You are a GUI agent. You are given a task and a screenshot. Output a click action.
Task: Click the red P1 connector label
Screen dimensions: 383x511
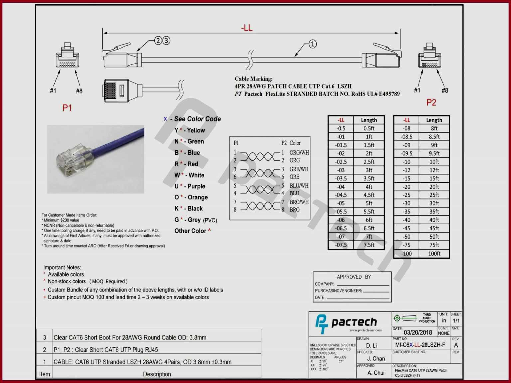tap(67, 108)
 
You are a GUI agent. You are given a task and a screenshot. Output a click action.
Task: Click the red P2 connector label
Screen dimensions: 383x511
tap(431, 102)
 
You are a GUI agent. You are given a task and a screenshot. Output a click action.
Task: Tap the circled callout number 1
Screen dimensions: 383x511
tap(312, 44)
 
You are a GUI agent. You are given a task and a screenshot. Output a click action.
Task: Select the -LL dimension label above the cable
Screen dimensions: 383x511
tap(247, 28)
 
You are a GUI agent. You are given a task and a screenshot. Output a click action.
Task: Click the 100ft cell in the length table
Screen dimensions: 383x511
tap(434, 254)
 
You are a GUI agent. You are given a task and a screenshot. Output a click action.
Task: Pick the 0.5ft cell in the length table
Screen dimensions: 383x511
tap(369, 128)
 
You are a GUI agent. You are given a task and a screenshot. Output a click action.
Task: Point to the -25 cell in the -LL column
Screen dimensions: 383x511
tap(406, 195)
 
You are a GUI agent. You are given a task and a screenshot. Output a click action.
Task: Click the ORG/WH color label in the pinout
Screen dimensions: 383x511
tap(299, 153)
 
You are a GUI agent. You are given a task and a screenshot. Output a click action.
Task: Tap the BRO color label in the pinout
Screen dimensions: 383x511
tap(294, 210)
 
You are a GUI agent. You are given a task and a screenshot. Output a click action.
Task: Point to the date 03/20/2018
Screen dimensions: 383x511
tap(418, 332)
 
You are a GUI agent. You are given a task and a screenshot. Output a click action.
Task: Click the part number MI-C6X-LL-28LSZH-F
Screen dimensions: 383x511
tap(420, 345)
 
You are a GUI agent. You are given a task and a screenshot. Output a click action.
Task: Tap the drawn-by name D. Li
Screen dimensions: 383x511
tap(371, 346)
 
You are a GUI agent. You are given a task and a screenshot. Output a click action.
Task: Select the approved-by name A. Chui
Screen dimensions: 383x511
tap(376, 373)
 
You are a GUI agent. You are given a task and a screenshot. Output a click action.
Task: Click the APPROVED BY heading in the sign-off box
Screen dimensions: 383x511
tap(354, 277)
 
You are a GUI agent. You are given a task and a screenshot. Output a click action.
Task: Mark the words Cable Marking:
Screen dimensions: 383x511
tap(254, 79)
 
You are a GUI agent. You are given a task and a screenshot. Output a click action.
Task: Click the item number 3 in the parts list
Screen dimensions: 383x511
tap(45, 338)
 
